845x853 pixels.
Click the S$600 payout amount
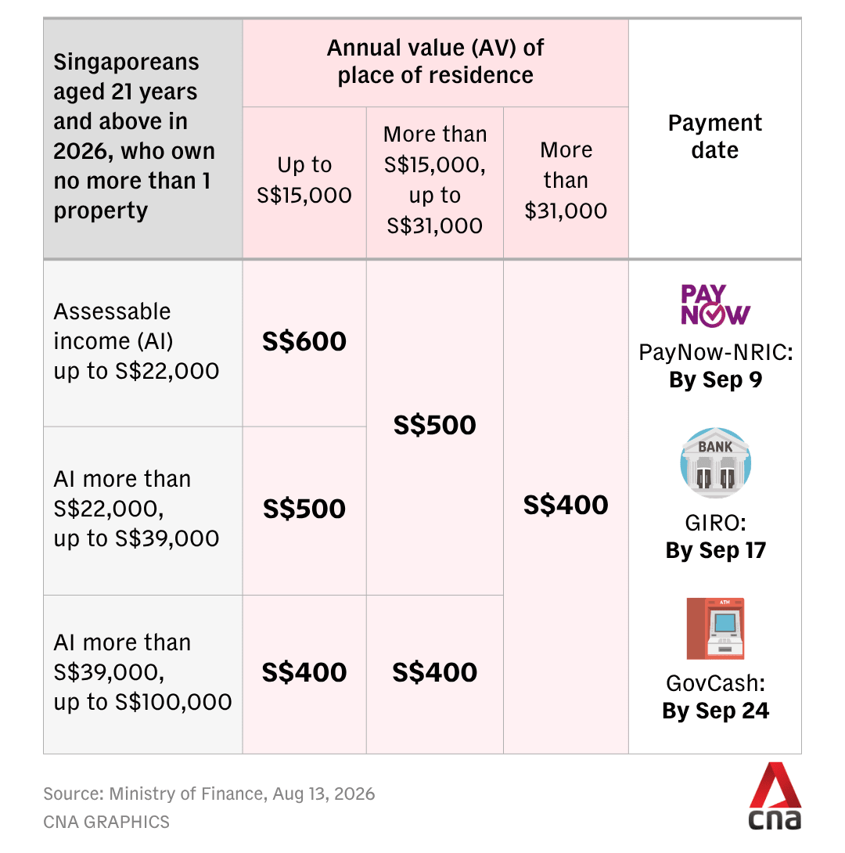[x=304, y=342]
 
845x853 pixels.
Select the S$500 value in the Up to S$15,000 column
[x=304, y=509]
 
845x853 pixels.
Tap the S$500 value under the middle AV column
[x=434, y=425]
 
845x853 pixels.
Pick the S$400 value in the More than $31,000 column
[x=566, y=505]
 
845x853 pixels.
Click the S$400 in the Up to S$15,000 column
[x=304, y=672]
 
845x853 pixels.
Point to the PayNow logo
[x=715, y=305]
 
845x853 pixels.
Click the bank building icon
[x=716, y=462]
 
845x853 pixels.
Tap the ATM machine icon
[x=715, y=628]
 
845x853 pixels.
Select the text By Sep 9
[x=716, y=380]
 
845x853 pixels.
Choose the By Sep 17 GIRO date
[x=716, y=550]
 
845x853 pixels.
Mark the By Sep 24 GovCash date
[x=716, y=711]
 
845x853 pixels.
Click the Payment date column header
[x=715, y=136]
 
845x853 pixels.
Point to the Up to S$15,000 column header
[x=304, y=180]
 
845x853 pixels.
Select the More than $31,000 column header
[x=566, y=180]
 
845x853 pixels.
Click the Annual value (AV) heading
[x=435, y=62]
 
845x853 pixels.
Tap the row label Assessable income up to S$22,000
[x=136, y=342]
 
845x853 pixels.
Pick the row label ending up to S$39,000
[x=136, y=509]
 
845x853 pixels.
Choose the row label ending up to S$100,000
[x=142, y=672]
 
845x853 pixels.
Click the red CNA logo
[x=775, y=796]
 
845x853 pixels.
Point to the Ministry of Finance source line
[x=209, y=794]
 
